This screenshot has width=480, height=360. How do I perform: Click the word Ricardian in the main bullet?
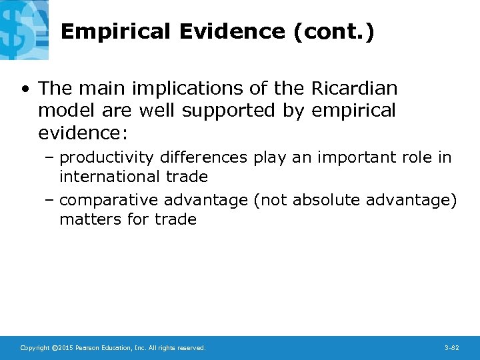click(354, 88)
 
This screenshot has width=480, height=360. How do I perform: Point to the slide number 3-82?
click(451, 348)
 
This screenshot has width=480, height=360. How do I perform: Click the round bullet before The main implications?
click(25, 89)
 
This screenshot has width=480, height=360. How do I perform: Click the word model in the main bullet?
click(65, 111)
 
